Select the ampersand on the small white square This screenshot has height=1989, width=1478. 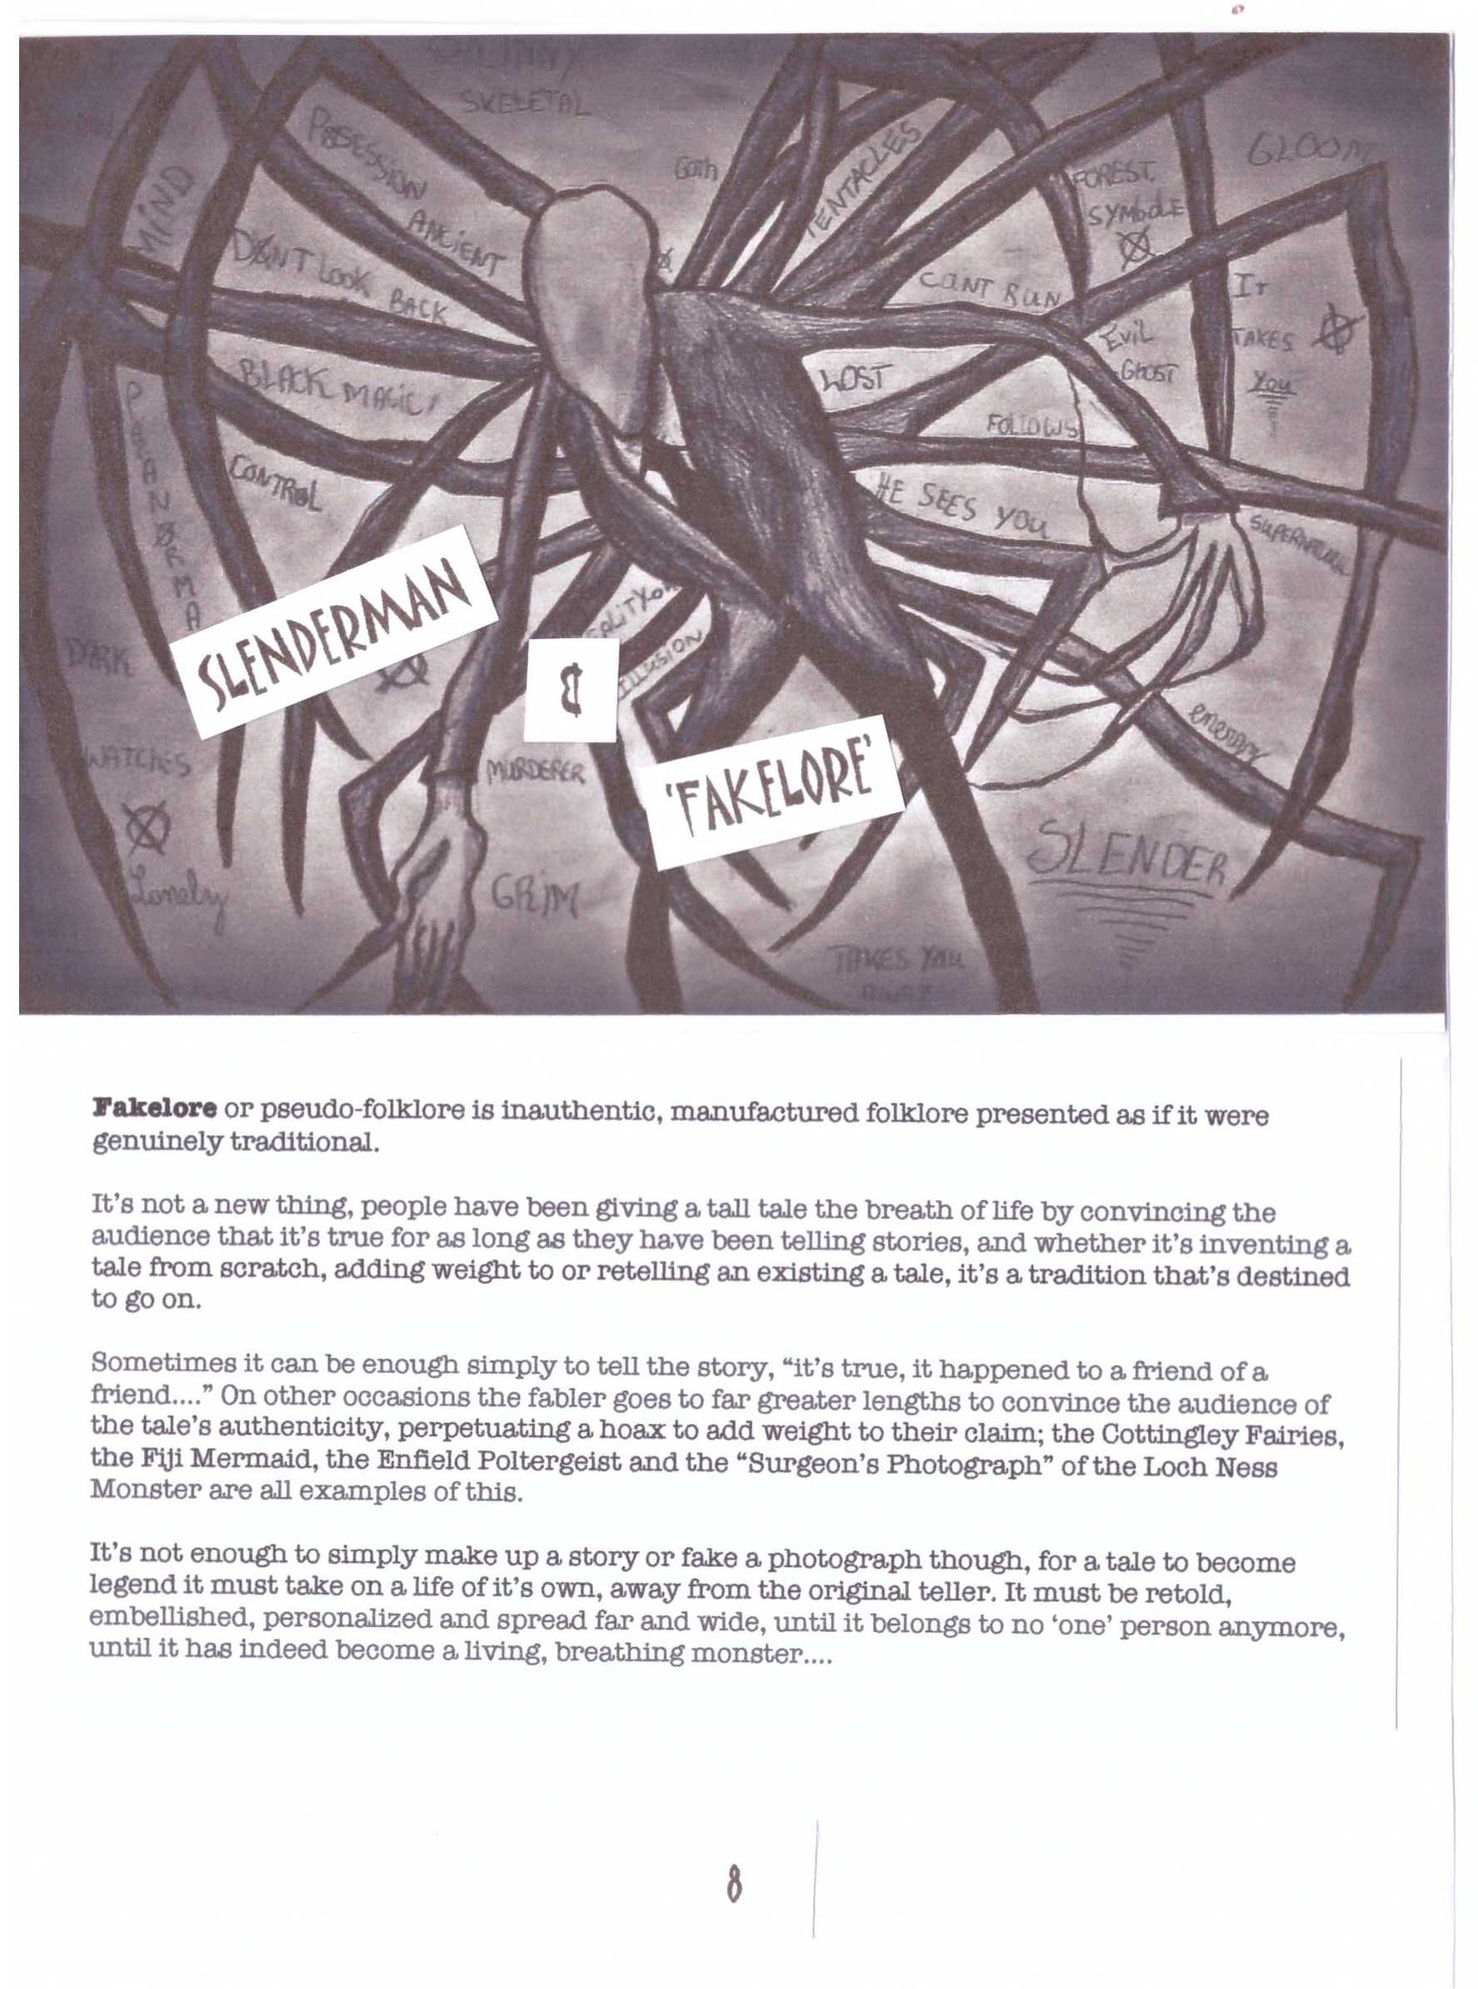click(x=571, y=689)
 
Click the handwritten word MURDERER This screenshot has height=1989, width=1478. click(x=535, y=771)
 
